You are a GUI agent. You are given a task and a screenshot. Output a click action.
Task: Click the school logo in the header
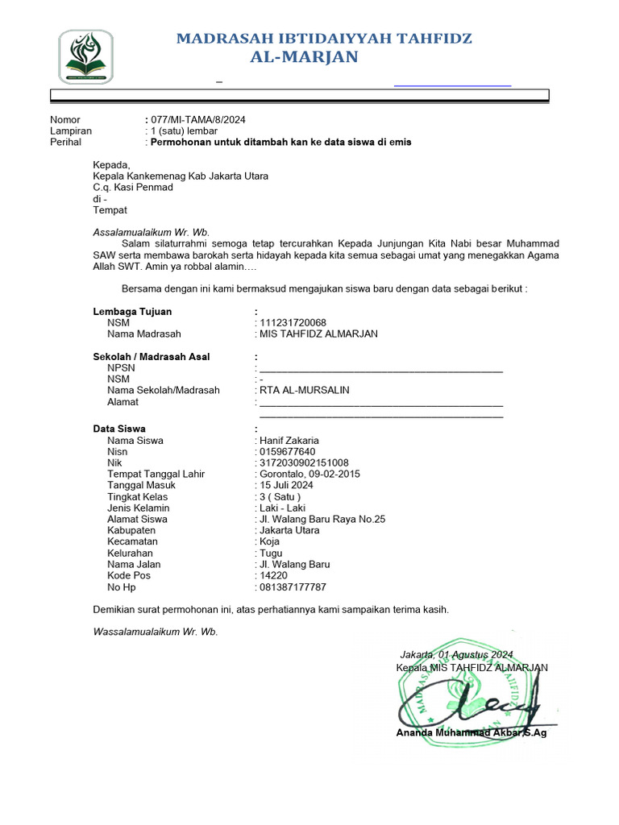tap(85, 56)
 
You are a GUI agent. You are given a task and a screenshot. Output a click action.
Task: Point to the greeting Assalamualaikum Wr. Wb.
tap(152, 232)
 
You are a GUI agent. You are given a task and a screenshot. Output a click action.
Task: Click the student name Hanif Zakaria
tap(289, 440)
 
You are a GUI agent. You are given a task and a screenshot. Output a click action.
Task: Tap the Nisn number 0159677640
tap(288, 451)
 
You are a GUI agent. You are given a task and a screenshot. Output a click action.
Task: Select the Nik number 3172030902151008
tap(304, 462)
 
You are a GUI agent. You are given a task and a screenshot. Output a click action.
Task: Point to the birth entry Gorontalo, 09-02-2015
tap(309, 474)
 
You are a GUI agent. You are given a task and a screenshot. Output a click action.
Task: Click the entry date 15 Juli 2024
tap(286, 485)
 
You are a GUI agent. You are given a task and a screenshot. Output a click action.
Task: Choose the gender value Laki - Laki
tap(281, 508)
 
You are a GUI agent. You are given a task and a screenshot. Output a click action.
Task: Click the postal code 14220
tap(273, 575)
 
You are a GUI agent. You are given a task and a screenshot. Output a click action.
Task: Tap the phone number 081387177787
tap(293, 587)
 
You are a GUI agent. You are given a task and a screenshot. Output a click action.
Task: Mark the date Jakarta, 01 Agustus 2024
tap(456, 654)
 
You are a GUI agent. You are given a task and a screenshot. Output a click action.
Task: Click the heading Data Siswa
tap(119, 429)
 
